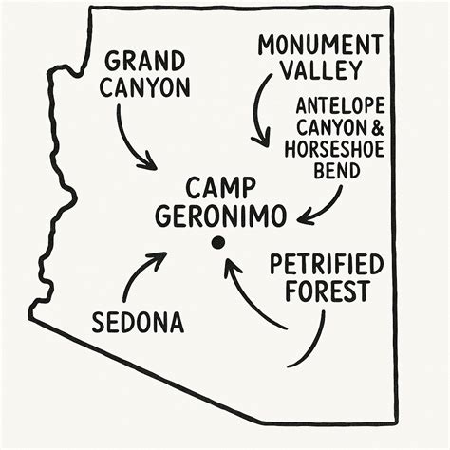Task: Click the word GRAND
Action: click(x=146, y=62)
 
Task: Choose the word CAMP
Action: click(x=221, y=187)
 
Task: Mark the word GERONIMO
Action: click(x=220, y=216)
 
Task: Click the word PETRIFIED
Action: click(x=326, y=264)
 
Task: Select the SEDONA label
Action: click(x=138, y=322)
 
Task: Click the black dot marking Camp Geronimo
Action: click(x=217, y=243)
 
